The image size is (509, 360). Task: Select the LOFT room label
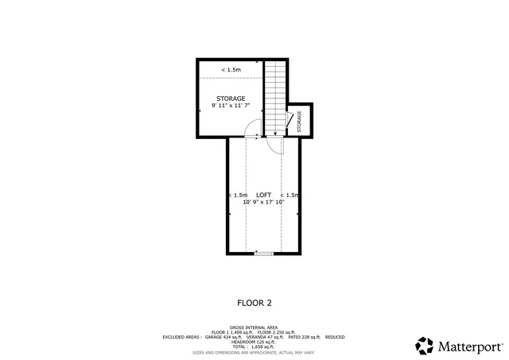[x=263, y=195]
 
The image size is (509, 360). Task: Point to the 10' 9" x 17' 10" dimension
[x=263, y=203]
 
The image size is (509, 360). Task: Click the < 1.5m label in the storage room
[x=231, y=70]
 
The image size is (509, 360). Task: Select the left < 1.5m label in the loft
[x=237, y=195]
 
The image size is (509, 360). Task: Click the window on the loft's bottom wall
[x=263, y=254]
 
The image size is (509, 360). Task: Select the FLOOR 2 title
[x=254, y=302]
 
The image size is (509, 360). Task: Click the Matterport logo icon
[x=425, y=346]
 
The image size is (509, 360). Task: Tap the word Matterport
[x=470, y=346]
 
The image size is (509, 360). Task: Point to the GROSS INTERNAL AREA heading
[x=254, y=327]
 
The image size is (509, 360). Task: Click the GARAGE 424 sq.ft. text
[x=223, y=336]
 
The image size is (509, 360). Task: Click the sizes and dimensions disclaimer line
[x=254, y=351]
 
